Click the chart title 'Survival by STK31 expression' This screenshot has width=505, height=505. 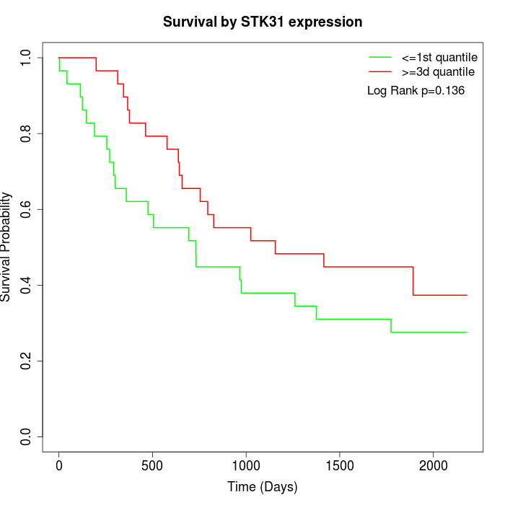click(x=263, y=22)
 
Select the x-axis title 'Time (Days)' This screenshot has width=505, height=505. click(x=263, y=487)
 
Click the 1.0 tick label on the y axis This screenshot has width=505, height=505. click(x=27, y=58)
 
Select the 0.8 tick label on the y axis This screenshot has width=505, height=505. click(x=27, y=133)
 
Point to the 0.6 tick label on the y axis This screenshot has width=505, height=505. click(x=27, y=209)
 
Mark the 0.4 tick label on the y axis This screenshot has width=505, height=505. click(x=27, y=285)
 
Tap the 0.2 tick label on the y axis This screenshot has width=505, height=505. click(x=27, y=361)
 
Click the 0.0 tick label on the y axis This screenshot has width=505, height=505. click(x=27, y=436)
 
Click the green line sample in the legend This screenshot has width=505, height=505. click(x=381, y=57)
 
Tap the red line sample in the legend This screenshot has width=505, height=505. click(x=381, y=71)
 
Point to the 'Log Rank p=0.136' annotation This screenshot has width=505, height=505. click(x=416, y=91)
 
